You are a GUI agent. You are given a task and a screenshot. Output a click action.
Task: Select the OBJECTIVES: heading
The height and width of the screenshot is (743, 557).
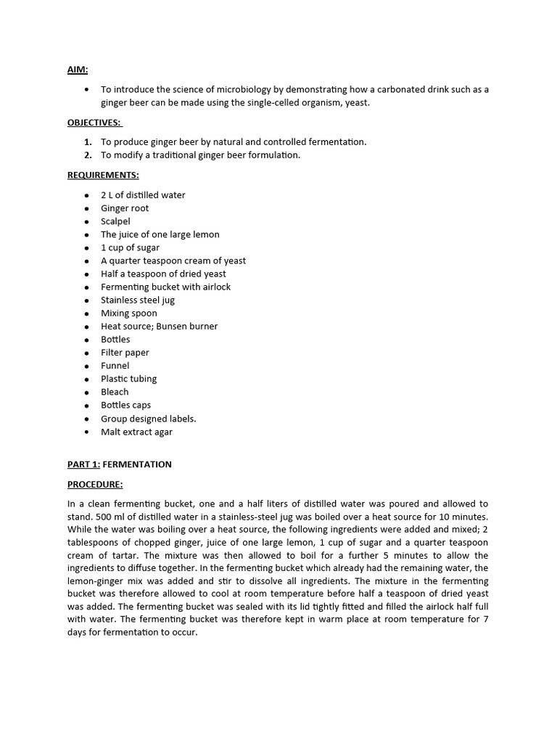pyautogui.click(x=94, y=123)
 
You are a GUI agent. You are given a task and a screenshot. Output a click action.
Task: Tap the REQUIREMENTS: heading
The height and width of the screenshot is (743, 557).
pyautogui.click(x=103, y=175)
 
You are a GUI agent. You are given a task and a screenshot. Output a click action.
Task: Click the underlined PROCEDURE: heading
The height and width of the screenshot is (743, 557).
pyautogui.click(x=95, y=484)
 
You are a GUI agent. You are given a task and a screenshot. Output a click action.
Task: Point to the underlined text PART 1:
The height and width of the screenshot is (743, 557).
pyautogui.click(x=83, y=464)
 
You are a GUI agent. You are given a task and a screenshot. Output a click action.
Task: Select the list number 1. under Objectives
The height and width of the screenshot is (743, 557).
pyautogui.click(x=88, y=142)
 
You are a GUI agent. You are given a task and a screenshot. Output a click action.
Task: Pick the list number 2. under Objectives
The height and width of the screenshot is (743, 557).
pyautogui.click(x=88, y=155)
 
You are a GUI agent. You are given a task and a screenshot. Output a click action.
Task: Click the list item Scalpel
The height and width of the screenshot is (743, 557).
pyautogui.click(x=115, y=221)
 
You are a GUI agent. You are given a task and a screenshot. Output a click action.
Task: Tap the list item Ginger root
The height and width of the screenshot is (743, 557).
pyautogui.click(x=125, y=208)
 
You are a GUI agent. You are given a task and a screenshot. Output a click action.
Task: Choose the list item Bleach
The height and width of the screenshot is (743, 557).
pyautogui.click(x=115, y=392)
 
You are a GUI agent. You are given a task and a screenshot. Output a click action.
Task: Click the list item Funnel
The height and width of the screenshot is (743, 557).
pyautogui.click(x=115, y=366)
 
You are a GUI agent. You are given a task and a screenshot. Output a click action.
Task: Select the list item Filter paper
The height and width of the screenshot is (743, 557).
pyautogui.click(x=125, y=353)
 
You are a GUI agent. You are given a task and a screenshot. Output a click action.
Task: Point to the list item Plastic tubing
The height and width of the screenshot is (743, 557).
pyautogui.click(x=128, y=379)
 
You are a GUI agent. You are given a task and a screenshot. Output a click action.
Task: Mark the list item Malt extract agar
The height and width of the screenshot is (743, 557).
pyautogui.click(x=136, y=432)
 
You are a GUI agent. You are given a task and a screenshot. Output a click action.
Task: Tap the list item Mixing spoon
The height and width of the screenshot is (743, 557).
pyautogui.click(x=128, y=313)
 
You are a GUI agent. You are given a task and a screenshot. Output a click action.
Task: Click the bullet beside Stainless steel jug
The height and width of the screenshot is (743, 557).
pyautogui.click(x=86, y=300)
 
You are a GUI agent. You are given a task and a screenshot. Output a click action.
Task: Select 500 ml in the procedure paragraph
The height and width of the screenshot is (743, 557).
pyautogui.click(x=81, y=517)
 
